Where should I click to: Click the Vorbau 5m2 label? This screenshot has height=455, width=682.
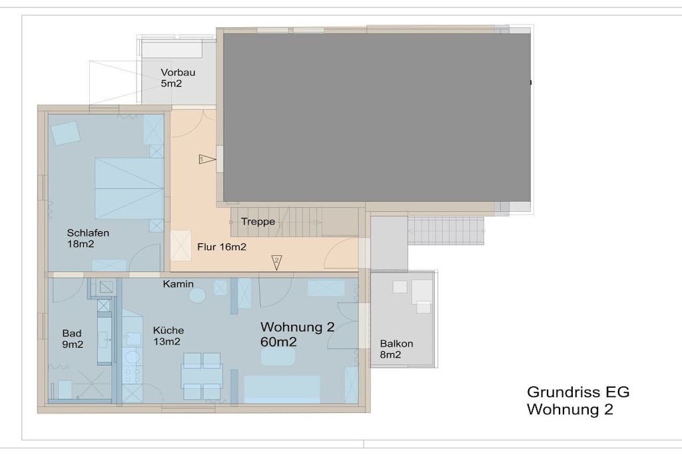(178, 78)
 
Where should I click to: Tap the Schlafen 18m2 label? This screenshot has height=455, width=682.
(88, 238)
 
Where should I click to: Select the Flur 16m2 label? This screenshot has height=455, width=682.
(222, 247)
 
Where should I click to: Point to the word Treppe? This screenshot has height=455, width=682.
(258, 222)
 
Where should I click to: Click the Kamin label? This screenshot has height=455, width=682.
(178, 284)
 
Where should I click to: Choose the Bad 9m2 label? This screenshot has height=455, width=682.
(73, 339)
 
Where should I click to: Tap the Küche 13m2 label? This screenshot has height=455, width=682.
(169, 336)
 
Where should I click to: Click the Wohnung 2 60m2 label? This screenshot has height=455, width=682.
(298, 334)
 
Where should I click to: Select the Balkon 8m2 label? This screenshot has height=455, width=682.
(396, 349)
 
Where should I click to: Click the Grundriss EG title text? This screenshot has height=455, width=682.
(578, 392)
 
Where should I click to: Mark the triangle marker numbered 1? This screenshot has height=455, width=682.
(207, 159)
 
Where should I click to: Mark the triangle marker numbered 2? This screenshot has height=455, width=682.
(276, 262)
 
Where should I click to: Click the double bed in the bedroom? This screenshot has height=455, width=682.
(129, 189)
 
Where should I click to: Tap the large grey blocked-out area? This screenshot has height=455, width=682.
(377, 117)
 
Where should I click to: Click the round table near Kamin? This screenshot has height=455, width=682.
(197, 296)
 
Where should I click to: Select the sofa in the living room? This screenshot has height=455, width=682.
(282, 390)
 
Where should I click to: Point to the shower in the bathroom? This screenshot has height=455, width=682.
(92, 384)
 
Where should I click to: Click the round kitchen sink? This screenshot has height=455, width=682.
(133, 358)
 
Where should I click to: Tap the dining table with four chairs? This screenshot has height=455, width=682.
(202, 376)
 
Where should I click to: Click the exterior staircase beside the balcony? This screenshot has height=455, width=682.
(446, 230)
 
